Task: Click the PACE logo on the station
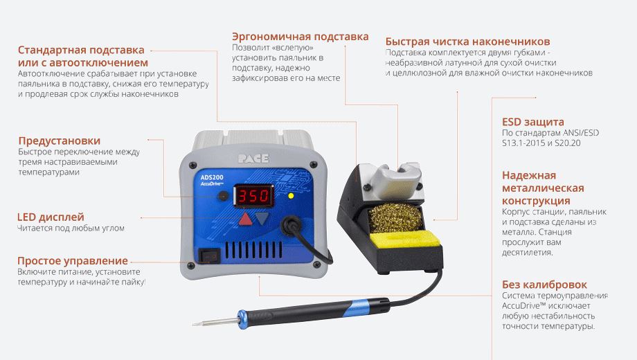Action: (x=253, y=159)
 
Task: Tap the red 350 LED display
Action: (x=253, y=195)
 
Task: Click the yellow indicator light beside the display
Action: (x=291, y=196)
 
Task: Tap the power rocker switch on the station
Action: (x=209, y=256)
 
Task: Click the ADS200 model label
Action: (x=212, y=177)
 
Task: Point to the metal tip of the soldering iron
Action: (x=215, y=323)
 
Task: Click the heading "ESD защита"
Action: (x=533, y=122)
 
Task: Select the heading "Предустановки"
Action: (x=60, y=141)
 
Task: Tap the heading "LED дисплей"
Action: (x=51, y=217)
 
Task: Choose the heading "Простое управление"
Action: (x=73, y=261)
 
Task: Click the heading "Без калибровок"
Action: (x=544, y=285)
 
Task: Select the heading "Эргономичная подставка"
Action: (x=300, y=37)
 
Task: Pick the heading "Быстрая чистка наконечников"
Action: (x=467, y=42)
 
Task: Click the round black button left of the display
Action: (x=223, y=196)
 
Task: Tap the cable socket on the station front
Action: (x=291, y=225)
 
